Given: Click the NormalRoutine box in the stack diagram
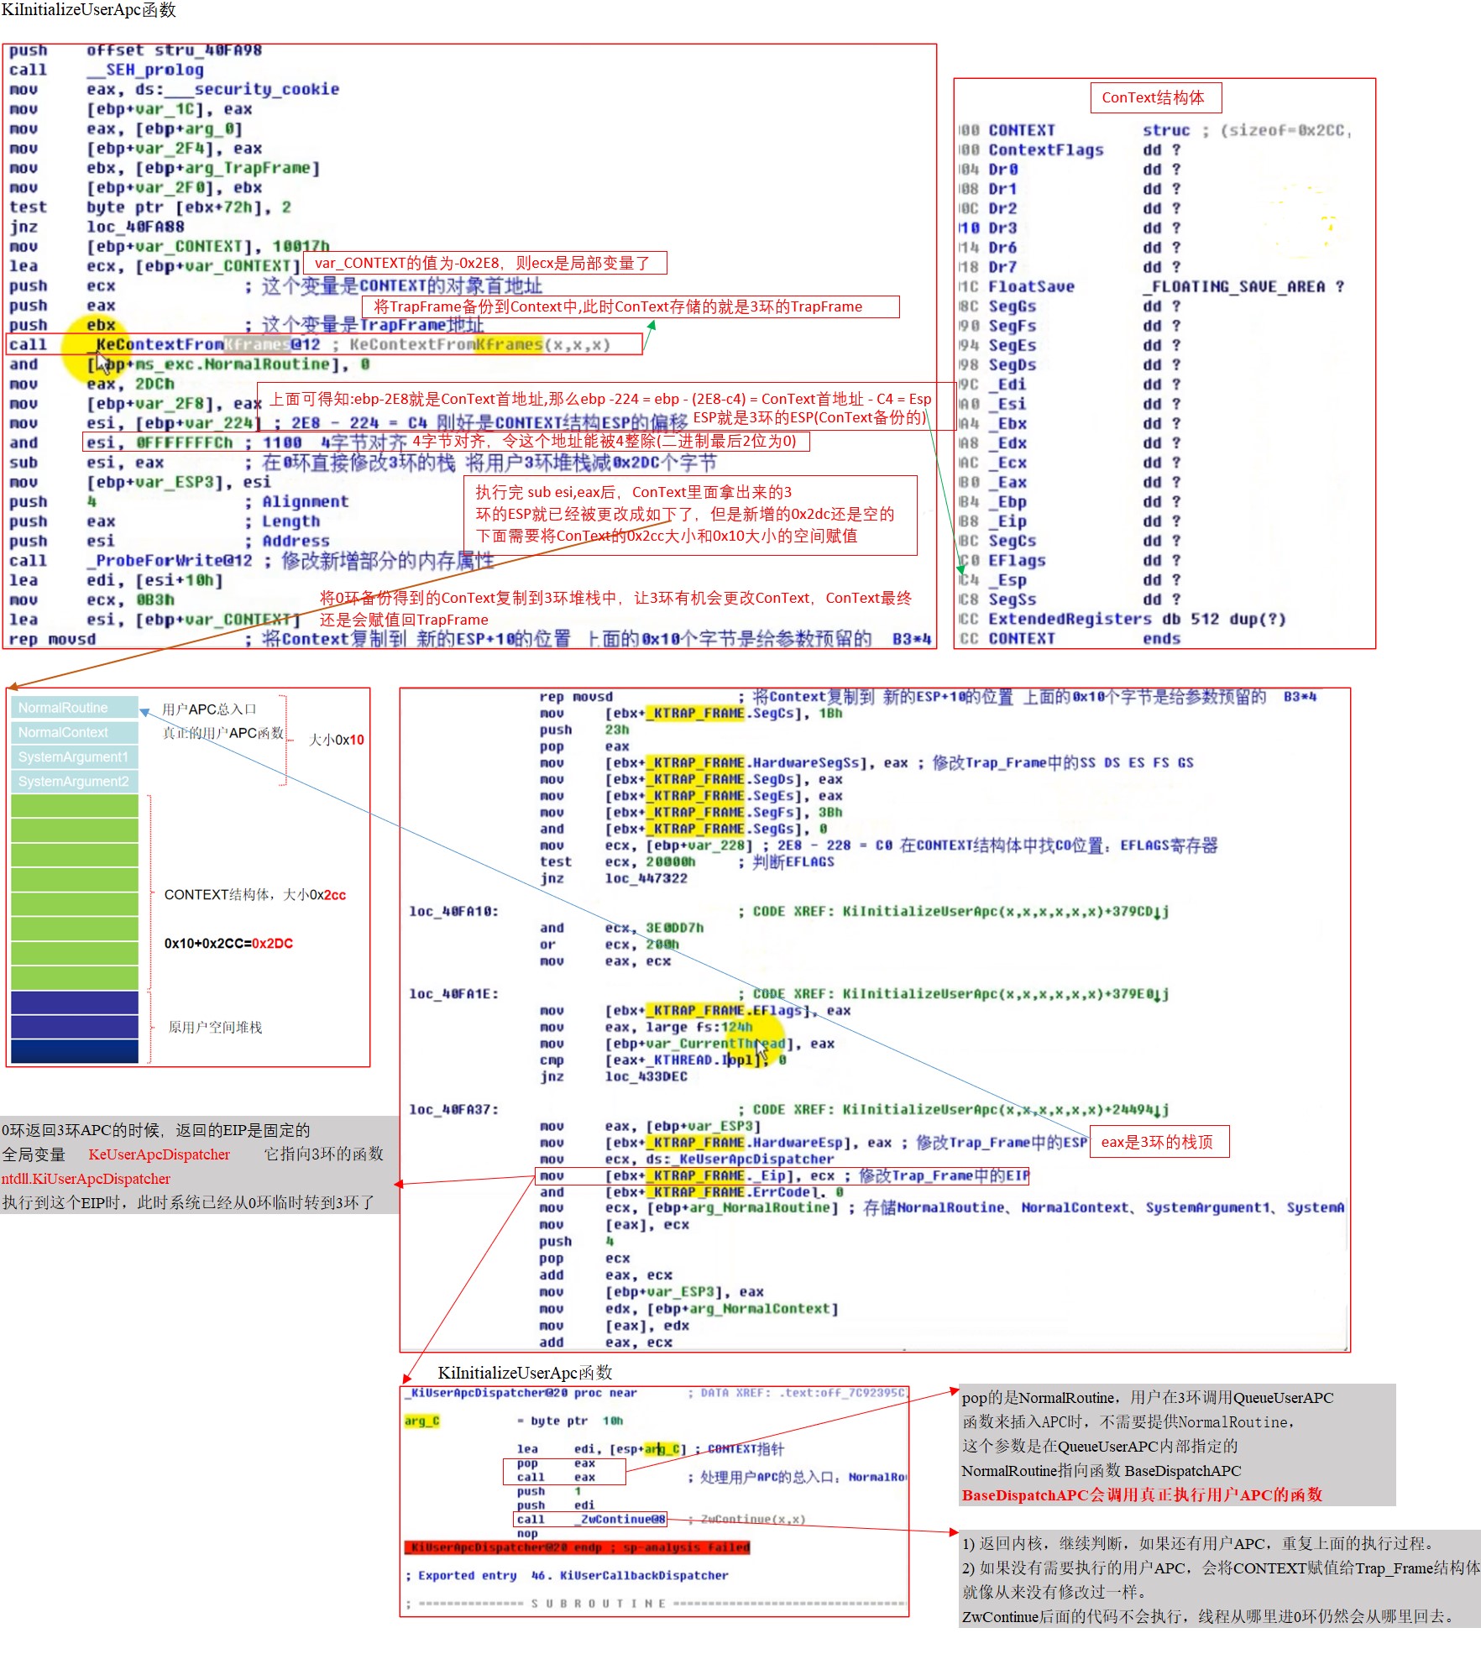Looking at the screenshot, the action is (x=74, y=708).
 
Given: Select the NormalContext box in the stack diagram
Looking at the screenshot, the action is (x=74, y=732).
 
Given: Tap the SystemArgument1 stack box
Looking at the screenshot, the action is (x=74, y=756).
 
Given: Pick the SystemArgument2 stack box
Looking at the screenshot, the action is (x=74, y=781).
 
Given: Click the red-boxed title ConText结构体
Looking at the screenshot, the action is (x=1154, y=97).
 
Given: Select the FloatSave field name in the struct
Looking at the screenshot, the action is (x=1030, y=286).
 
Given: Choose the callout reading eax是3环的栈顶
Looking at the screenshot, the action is (x=1158, y=1142).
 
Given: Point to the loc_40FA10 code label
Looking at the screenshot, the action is (x=453, y=911).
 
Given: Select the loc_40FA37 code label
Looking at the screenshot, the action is (x=453, y=1109).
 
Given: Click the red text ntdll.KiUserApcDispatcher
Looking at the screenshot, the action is (x=86, y=1179).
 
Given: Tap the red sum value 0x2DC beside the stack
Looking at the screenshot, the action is (x=272, y=943).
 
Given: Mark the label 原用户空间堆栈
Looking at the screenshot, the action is (x=215, y=1027).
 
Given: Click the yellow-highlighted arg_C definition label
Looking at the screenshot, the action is (x=421, y=1421).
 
